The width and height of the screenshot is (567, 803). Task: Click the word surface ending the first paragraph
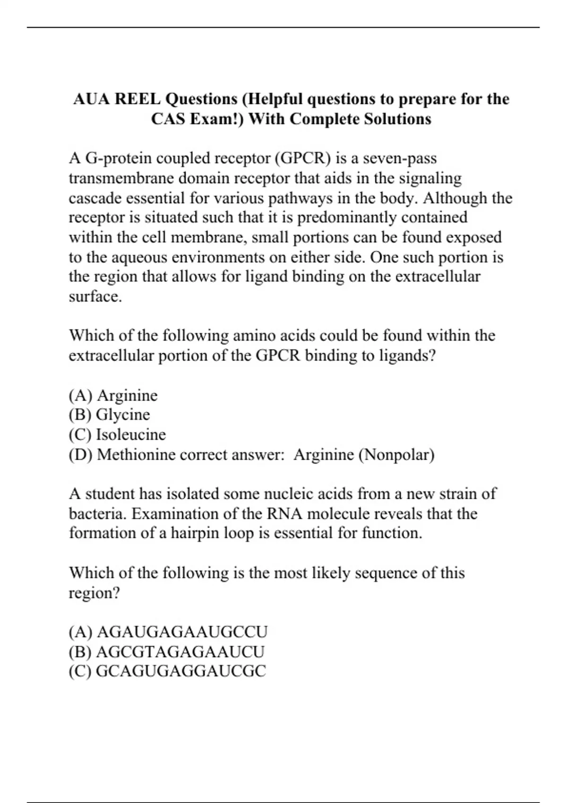pyautogui.click(x=95, y=297)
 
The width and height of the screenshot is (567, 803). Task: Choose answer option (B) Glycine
pyautogui.click(x=109, y=415)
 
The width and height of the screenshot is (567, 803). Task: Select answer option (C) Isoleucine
pyautogui.click(x=117, y=435)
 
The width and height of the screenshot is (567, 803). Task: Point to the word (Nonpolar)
pyautogui.click(x=396, y=454)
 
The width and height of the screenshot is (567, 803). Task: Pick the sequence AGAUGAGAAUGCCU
pyautogui.click(x=181, y=632)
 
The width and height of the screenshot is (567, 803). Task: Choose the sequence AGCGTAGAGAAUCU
pyautogui.click(x=180, y=652)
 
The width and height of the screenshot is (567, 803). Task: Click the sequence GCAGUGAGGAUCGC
pyautogui.click(x=180, y=671)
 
